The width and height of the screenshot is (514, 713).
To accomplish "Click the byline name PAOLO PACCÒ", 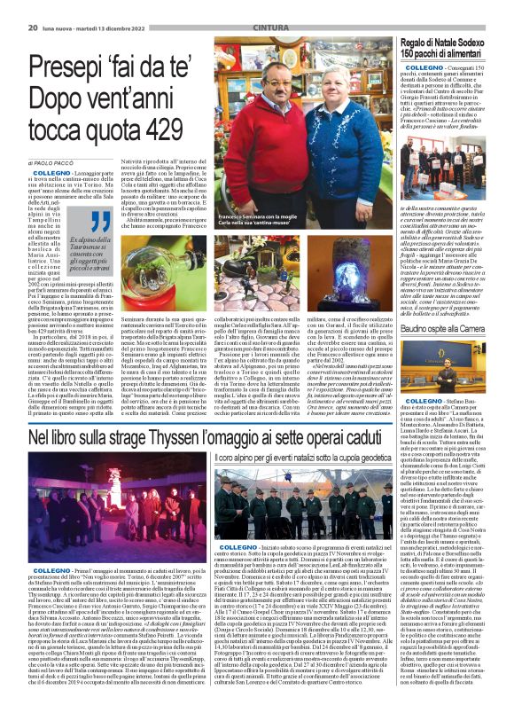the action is [x=65, y=163].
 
